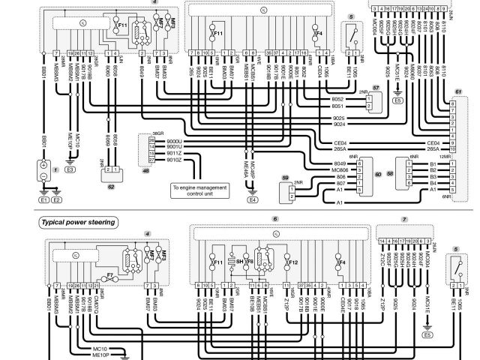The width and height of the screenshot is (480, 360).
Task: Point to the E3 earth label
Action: click(x=70, y=170)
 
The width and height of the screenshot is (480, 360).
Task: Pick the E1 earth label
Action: click(x=43, y=200)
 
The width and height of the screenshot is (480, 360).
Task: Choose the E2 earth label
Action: click(x=57, y=200)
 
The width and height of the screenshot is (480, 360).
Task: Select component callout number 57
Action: click(x=376, y=89)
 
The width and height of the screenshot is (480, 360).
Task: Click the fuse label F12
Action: click(x=294, y=262)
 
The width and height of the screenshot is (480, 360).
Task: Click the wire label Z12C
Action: click(x=382, y=259)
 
